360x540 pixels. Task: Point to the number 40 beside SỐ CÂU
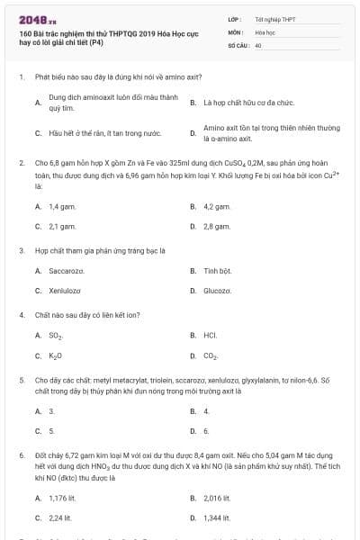[x=258, y=44]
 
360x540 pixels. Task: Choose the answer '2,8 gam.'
[x=218, y=226]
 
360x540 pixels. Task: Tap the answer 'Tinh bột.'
[x=218, y=270]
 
